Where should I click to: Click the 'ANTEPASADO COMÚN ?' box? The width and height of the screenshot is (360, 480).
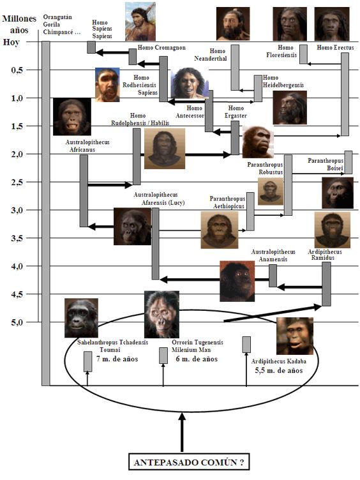click(189, 461)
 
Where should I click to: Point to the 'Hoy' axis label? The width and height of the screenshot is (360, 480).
click(11, 42)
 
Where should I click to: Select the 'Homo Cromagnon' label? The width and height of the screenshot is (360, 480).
click(161, 47)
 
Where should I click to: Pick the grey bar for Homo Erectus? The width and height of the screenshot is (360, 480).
click(345, 94)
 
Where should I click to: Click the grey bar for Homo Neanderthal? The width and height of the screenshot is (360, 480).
click(235, 68)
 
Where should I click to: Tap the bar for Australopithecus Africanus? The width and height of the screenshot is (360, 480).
click(84, 190)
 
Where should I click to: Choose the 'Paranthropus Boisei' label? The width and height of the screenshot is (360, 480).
click(326, 165)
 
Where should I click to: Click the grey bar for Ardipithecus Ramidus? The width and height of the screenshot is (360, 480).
click(326, 284)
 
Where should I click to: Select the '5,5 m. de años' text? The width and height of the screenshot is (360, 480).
click(279, 370)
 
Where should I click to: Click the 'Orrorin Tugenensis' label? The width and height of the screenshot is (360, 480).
click(197, 342)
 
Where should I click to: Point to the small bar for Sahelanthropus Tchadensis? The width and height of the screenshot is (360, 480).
click(88, 361)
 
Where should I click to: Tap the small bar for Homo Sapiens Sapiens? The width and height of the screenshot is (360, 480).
click(91, 47)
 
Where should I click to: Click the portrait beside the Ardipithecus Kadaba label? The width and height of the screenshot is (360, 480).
click(295, 336)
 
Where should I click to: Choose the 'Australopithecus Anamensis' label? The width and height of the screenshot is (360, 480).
click(273, 255)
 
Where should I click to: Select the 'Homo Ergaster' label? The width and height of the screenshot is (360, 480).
click(236, 112)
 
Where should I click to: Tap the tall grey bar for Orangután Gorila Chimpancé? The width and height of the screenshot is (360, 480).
click(45, 213)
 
